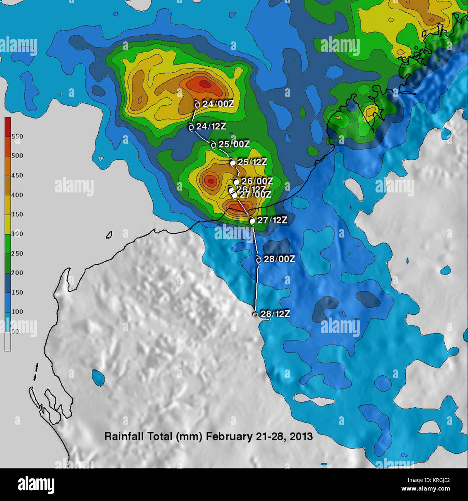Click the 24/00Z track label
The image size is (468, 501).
[x=218, y=104]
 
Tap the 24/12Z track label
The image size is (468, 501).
[x=211, y=127]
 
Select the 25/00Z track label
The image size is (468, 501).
[x=234, y=144]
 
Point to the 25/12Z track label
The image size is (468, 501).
[x=252, y=162]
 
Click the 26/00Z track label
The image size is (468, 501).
[x=257, y=181]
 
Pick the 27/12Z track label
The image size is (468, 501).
[x=272, y=220]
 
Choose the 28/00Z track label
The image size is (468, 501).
[x=279, y=259]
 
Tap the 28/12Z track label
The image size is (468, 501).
[x=275, y=314]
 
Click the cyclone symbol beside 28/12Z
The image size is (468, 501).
[x=255, y=314]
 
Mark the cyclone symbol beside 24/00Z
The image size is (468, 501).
[x=197, y=105]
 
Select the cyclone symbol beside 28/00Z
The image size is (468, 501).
[x=258, y=259]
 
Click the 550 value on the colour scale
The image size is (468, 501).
[x=17, y=137]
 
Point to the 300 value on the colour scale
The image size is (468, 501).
[x=17, y=234]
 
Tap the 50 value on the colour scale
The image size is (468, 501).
[x=15, y=331]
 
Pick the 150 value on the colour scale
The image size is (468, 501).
[x=17, y=292]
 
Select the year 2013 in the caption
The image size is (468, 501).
[x=301, y=436]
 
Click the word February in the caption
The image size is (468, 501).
[x=229, y=436]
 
